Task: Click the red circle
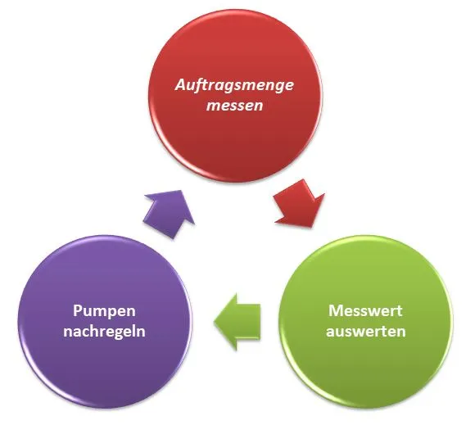pos(235,96)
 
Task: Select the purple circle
pos(105,322)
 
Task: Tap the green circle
pos(365,322)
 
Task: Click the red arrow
pos(299,204)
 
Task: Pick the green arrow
pos(237,322)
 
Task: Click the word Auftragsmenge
pos(234,85)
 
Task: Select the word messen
pos(234,106)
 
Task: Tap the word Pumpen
pos(104,312)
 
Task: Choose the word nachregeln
pos(104,331)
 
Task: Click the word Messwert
pos(365,311)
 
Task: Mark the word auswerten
pos(365,332)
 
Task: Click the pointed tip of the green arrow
pos(215,322)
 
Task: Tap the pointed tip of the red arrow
pos(311,227)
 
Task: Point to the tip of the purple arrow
pos(181,191)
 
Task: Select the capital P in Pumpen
pos(78,310)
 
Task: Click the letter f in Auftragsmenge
pos(200,85)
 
